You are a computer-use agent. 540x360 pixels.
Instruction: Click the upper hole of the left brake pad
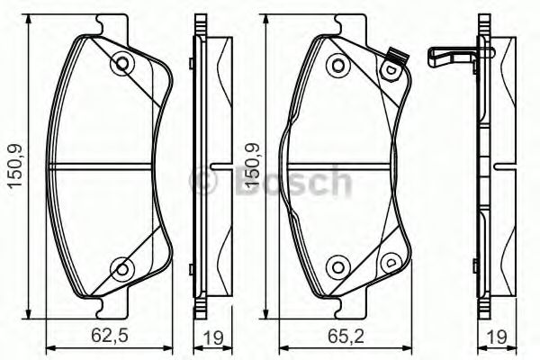pos(121,64)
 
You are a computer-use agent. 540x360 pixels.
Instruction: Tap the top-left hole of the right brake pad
pos(337,64)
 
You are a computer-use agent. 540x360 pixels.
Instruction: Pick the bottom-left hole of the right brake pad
pos(337,266)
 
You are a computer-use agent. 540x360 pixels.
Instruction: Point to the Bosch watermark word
pos(288,183)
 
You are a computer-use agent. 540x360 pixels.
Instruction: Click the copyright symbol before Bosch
pos(204,183)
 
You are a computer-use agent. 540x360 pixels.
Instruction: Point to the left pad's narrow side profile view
pos(212,166)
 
